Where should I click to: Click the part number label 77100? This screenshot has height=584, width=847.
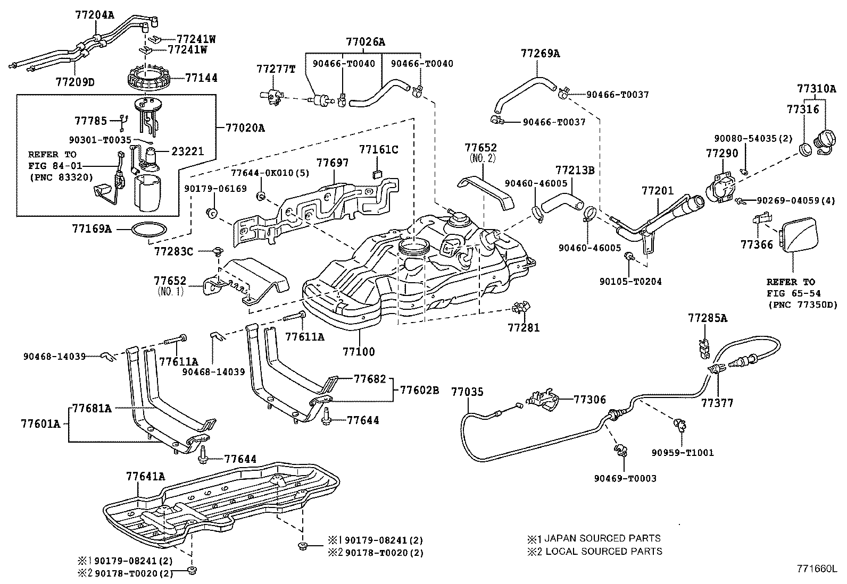point(359,351)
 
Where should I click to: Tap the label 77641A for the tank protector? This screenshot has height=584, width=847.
point(145,477)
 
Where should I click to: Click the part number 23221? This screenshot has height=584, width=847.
point(187,150)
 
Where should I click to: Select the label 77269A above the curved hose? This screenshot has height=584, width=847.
point(540,53)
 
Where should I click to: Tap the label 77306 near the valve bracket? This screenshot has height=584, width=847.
point(590,399)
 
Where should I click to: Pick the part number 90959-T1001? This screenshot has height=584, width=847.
point(683,453)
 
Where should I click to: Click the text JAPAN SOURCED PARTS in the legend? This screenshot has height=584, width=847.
point(603,538)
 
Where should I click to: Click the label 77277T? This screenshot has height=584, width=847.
point(275,69)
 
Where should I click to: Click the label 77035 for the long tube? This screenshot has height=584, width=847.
point(467,392)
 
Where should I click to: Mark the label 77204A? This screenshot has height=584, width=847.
point(94,15)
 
